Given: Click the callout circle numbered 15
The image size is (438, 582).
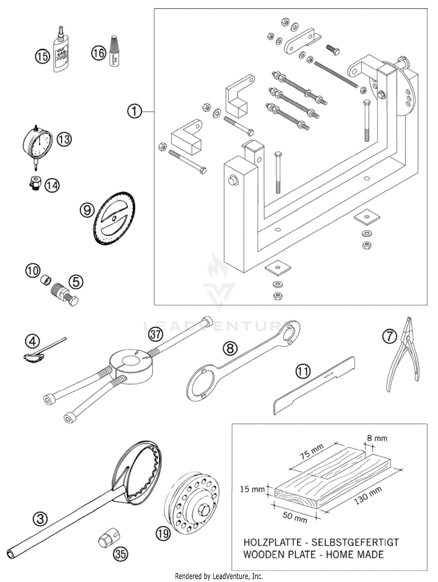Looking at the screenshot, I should click(x=43, y=56).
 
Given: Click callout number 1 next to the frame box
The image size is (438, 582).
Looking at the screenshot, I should click(x=135, y=111).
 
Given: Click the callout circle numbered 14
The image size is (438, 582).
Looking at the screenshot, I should click(x=52, y=185).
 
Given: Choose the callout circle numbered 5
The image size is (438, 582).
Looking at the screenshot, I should click(x=76, y=282).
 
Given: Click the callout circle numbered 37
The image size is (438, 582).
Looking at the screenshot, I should click(x=155, y=334).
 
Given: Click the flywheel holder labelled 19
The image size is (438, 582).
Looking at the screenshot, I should click(x=193, y=502).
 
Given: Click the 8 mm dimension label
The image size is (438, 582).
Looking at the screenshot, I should click(x=377, y=438).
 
